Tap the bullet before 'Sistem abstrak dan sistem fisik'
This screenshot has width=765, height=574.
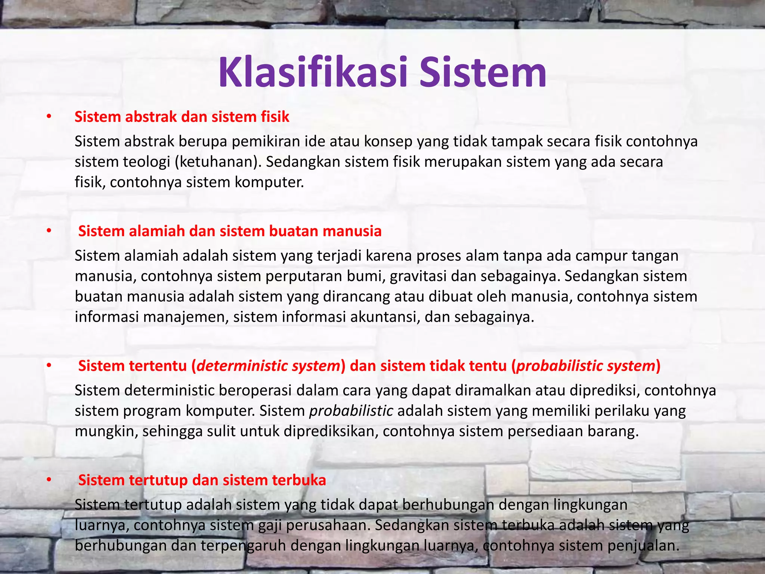click(49, 117)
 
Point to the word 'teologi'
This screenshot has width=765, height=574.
click(149, 162)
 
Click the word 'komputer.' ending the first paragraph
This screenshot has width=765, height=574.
click(269, 182)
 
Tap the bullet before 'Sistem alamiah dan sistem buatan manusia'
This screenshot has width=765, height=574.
click(49, 231)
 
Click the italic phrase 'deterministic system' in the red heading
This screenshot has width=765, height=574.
click(268, 366)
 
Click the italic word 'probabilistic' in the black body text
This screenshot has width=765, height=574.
click(351, 411)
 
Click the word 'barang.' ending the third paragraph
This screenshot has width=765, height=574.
click(613, 431)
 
